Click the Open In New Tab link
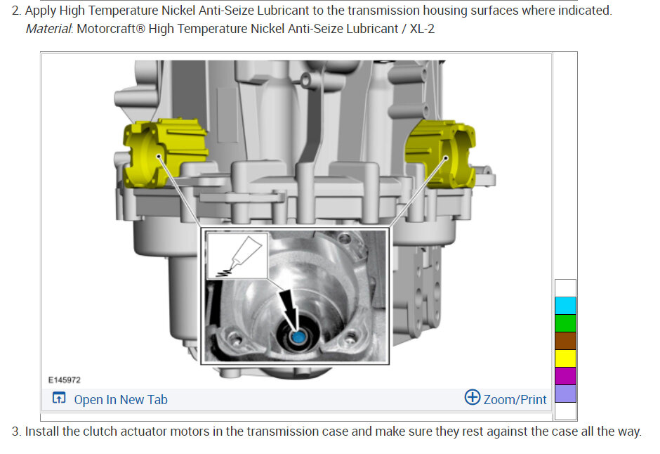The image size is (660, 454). pyautogui.click(x=120, y=399)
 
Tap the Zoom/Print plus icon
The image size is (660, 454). pyautogui.click(x=473, y=397)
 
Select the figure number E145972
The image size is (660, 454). pyautogui.click(x=64, y=380)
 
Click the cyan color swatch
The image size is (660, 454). pyautogui.click(x=565, y=306)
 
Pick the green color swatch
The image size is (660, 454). pyautogui.click(x=565, y=323)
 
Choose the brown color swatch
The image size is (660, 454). pyautogui.click(x=565, y=341)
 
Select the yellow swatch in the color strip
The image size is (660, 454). pyautogui.click(x=565, y=358)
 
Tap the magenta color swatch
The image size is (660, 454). pyautogui.click(x=565, y=376)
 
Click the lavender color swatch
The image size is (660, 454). pyautogui.click(x=565, y=394)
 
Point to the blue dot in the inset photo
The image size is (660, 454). pyautogui.click(x=298, y=337)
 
